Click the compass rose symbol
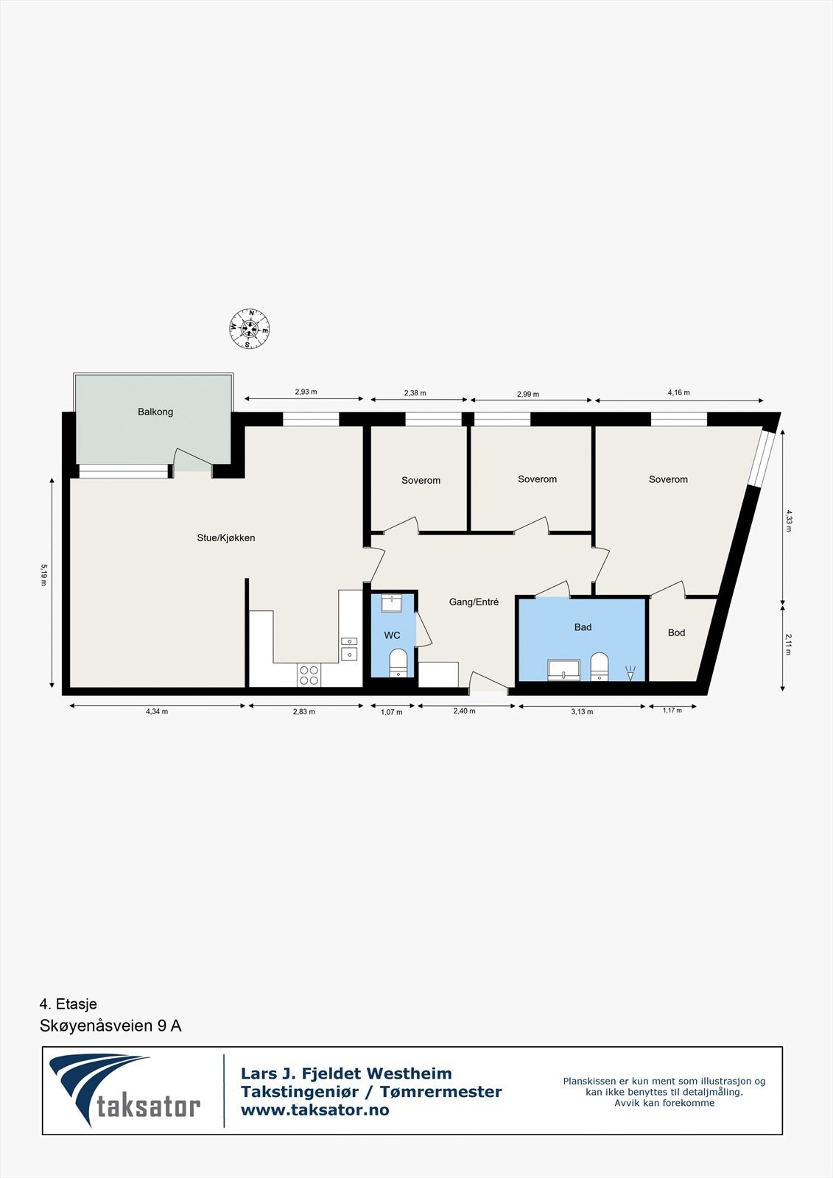coord(249,328)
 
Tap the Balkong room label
coord(155,412)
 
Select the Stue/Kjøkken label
coord(226,538)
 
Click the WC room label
coord(392,635)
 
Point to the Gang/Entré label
coord(474,602)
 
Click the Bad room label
coord(583,627)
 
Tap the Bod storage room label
coord(676,632)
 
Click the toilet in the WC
coord(398,660)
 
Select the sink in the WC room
coord(391,604)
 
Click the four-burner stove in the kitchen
coord(309,675)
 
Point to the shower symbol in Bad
coord(630,672)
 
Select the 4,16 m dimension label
coord(678,392)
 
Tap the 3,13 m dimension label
coord(582,712)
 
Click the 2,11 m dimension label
coord(787,644)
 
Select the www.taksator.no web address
coord(314,1110)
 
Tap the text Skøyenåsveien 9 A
coord(110,1026)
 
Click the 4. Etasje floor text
coord(68,1004)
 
